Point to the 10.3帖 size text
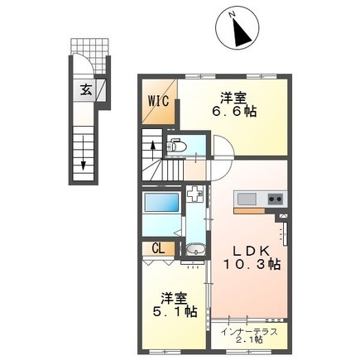click(251, 266)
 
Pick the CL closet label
click(158, 247)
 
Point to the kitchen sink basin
click(247, 199)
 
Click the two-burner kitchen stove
click(274, 199)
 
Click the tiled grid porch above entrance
click(89, 46)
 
